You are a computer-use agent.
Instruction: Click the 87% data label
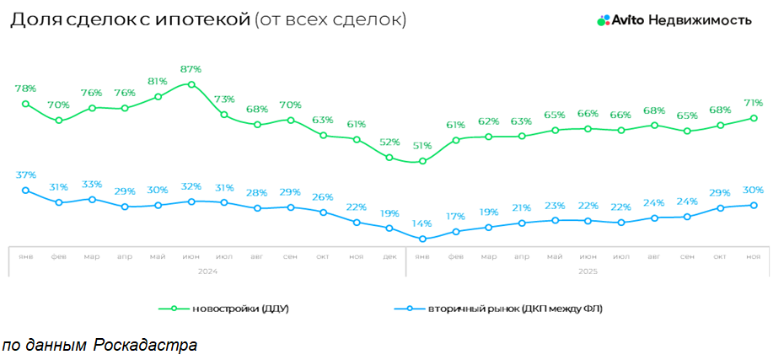[191, 68]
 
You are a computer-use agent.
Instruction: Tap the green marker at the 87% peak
[191, 84]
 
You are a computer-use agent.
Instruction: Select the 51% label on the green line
[422, 146]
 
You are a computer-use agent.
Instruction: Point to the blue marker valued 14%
[422, 239]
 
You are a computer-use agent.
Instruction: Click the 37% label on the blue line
[25, 175]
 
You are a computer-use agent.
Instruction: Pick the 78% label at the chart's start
[25, 88]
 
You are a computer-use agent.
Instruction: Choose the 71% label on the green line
[754, 102]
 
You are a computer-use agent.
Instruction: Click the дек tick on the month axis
[389, 256]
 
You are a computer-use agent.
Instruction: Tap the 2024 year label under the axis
[207, 271]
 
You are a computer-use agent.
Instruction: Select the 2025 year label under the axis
[588, 271]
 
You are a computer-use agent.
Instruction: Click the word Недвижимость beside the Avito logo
[700, 20]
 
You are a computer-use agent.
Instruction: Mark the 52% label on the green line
[389, 142]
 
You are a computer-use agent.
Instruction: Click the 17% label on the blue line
[455, 216]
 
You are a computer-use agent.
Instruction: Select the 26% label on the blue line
[324, 197]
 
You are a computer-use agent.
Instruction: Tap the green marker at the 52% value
[389, 157]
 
